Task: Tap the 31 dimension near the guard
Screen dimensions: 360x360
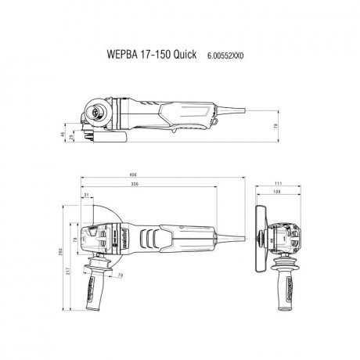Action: pos(87,195)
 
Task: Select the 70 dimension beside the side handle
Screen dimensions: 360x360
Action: pos(120,275)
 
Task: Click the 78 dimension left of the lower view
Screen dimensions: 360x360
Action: pos(75,240)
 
